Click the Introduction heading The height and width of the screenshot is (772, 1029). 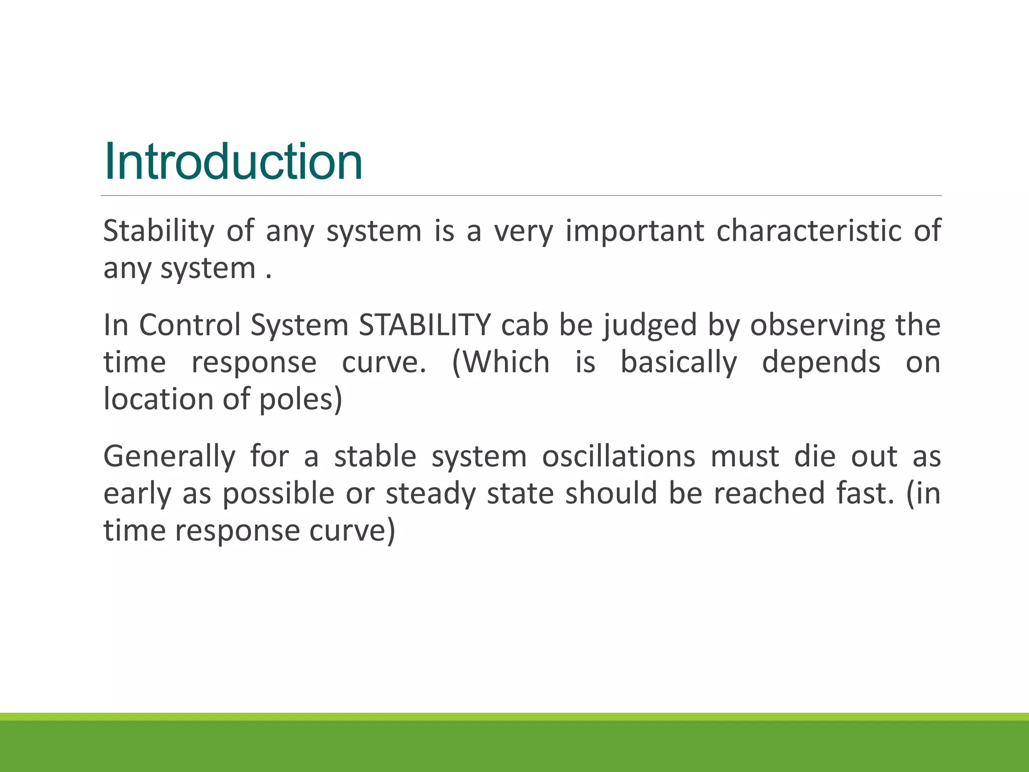pyautogui.click(x=233, y=162)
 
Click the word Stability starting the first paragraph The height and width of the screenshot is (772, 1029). pyautogui.click(x=158, y=231)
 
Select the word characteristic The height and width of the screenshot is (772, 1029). pyautogui.click(x=809, y=231)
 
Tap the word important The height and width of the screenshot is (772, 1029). pyautogui.click(x=635, y=231)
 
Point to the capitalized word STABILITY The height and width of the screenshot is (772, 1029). pyautogui.click(x=425, y=325)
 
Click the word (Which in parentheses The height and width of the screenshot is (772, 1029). pyautogui.click(x=500, y=362)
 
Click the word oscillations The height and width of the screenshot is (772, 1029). pyautogui.click(x=619, y=456)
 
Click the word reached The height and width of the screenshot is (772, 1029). pyautogui.click(x=769, y=494)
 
